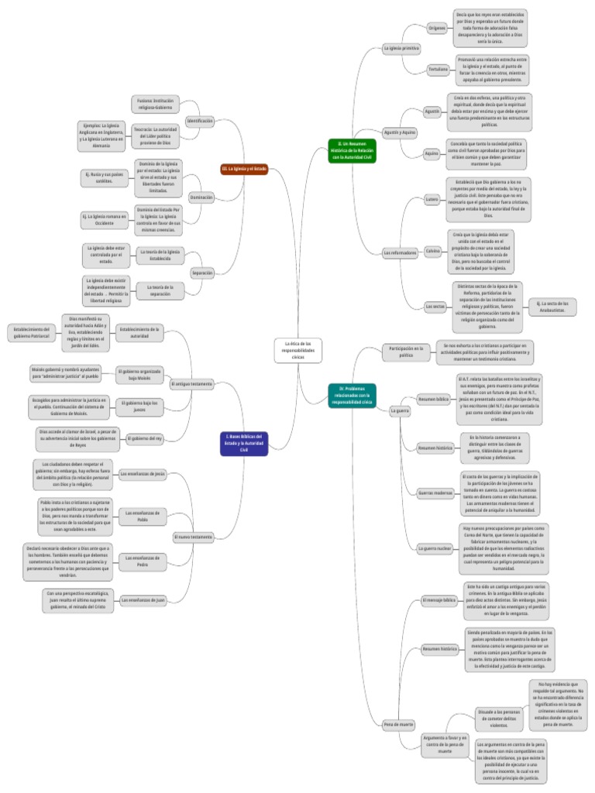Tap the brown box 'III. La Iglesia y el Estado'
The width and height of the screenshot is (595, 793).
pos(245,168)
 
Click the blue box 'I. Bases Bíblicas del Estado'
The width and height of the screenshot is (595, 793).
pos(245,443)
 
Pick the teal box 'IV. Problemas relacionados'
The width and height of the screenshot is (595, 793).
pos(352,395)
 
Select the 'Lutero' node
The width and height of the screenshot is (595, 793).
pos(432,199)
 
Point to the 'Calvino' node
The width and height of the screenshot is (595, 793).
pos(433,251)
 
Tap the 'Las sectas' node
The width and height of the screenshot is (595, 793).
pos(435,307)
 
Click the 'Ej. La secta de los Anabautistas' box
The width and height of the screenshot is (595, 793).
pos(552,307)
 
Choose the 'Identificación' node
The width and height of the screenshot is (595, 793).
pos(200,121)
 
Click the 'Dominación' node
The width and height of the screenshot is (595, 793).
pos(201,197)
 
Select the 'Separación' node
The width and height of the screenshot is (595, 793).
pos(202,273)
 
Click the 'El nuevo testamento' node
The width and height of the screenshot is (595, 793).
pos(193,537)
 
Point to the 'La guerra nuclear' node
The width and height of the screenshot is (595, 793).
pos(435,548)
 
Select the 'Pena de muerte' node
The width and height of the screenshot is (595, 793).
pos(399,724)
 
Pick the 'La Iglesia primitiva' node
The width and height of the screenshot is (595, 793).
pos(401,49)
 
